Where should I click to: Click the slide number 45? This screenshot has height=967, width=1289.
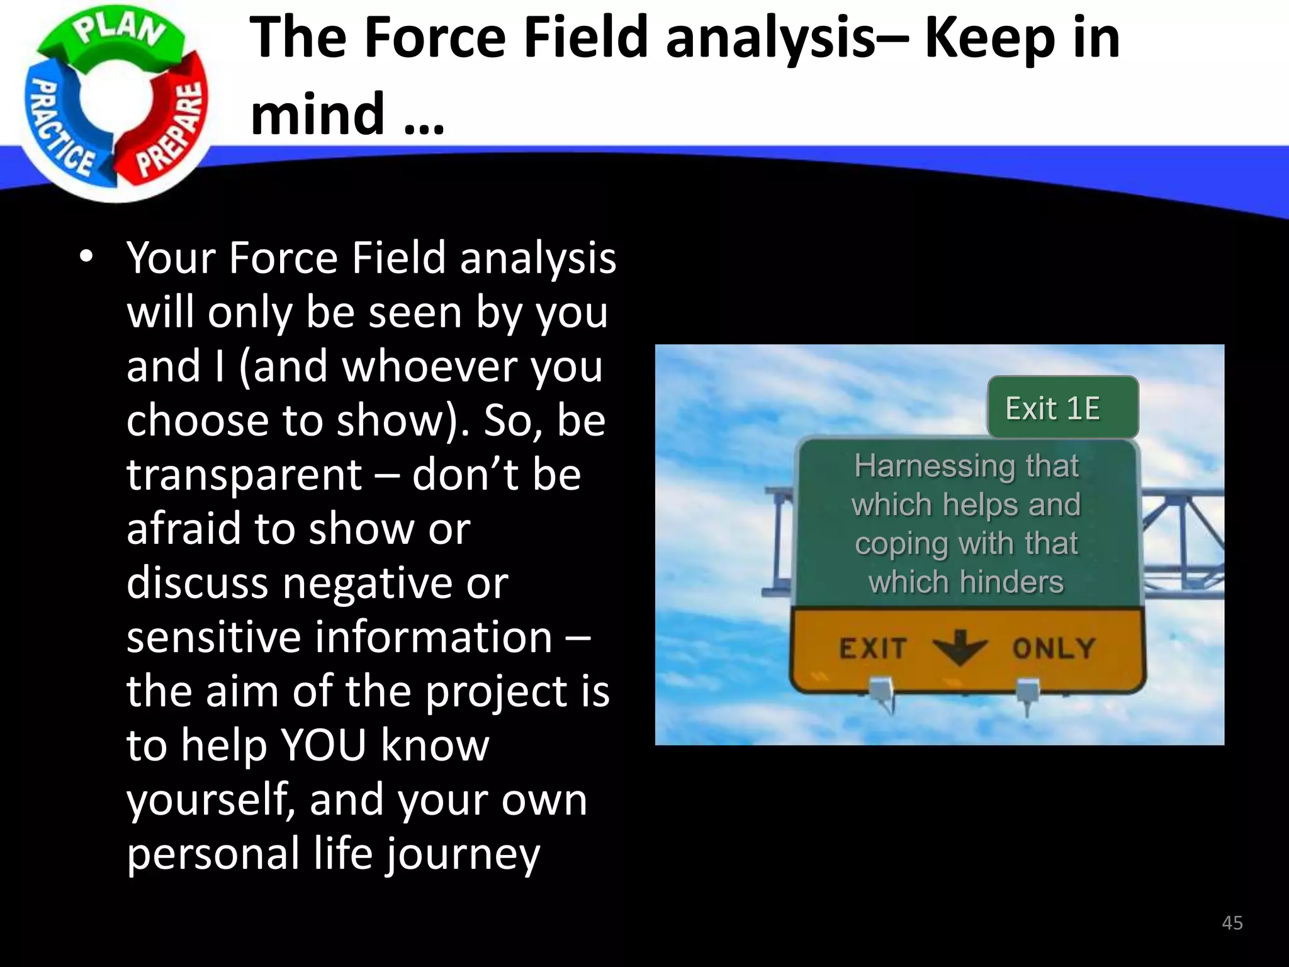pos(1232,923)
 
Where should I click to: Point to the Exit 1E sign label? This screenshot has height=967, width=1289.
pos(1052,408)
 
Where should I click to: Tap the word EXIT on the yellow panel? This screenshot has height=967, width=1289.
pos(873,648)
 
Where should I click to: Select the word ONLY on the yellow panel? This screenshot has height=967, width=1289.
pos(1054,648)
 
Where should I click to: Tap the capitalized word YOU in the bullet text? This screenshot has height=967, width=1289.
pos(324,745)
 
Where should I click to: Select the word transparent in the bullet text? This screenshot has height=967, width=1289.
pos(244,475)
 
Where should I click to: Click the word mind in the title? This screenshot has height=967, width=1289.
pos(317,114)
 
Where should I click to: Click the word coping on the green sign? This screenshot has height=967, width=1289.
pos(901,544)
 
